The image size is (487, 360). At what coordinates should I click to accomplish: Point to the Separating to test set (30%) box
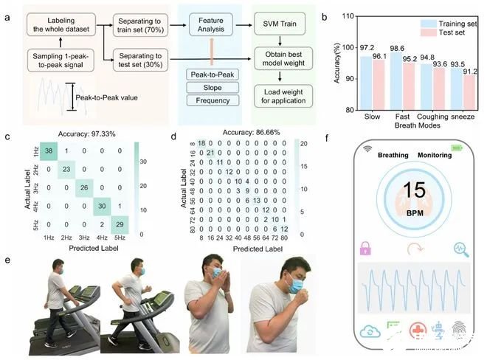click(143, 60)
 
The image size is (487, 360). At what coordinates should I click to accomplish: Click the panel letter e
click(7, 260)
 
